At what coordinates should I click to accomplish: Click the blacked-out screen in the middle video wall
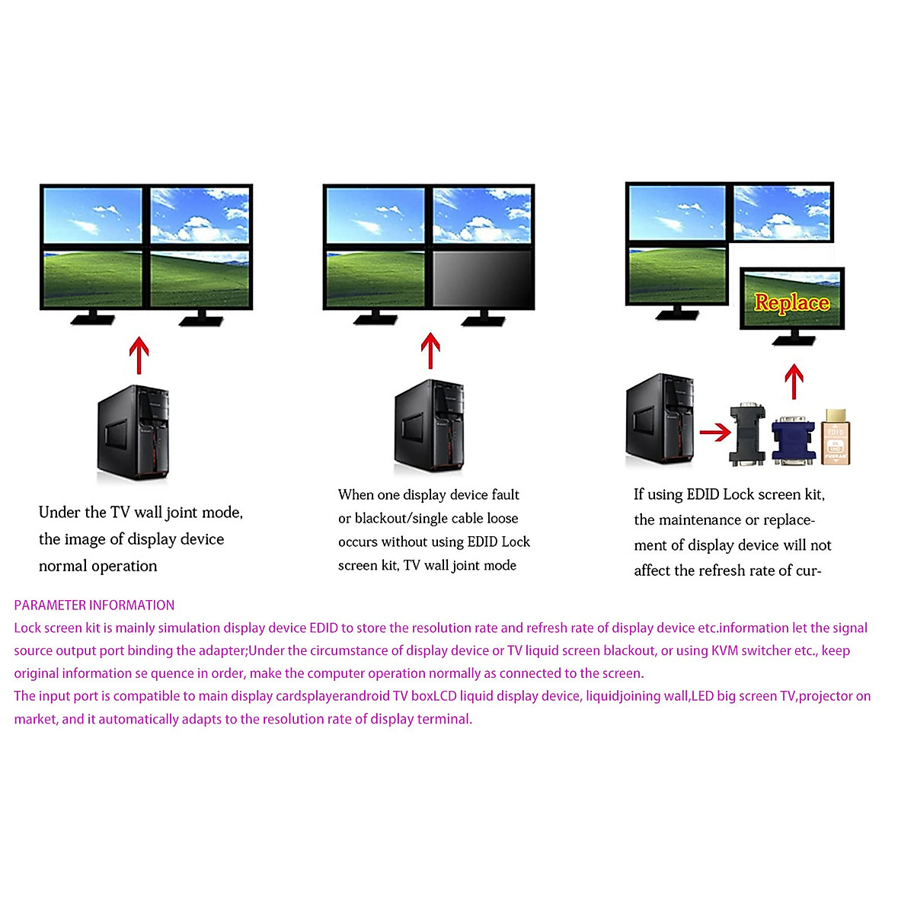482,278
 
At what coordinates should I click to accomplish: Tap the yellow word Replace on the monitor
791,302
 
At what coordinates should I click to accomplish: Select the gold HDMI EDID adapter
836,437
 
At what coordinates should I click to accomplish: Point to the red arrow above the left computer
139,356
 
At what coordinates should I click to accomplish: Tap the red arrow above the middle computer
430,351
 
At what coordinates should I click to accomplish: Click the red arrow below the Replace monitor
794,382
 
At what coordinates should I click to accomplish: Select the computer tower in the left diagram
133,433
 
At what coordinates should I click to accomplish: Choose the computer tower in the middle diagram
430,427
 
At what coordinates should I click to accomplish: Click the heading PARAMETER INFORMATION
94,606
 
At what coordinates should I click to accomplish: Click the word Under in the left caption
59,513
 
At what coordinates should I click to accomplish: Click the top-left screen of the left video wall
93,216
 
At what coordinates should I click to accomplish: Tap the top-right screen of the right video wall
781,213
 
